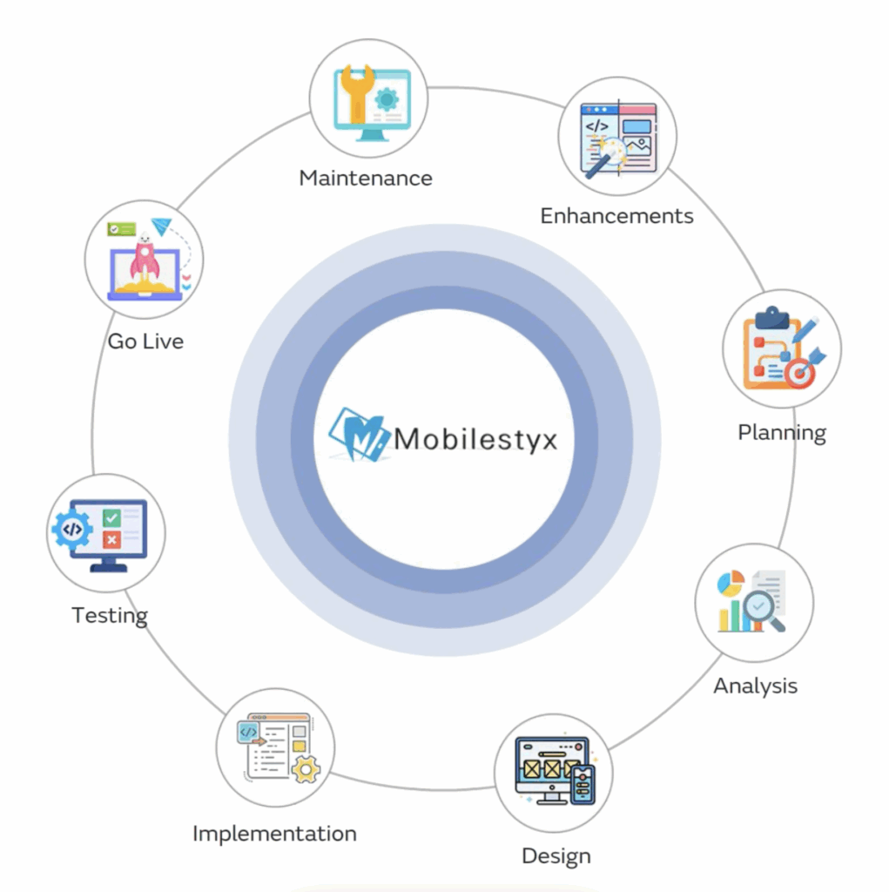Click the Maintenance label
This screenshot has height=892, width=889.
pyautogui.click(x=366, y=179)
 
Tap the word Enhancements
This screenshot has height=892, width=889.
pyautogui.click(x=616, y=216)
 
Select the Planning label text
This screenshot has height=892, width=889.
pyautogui.click(x=782, y=433)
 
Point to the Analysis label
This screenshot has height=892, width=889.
pyautogui.click(x=755, y=686)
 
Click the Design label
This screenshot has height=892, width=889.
pyautogui.click(x=556, y=856)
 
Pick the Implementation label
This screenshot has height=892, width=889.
pyautogui.click(x=274, y=834)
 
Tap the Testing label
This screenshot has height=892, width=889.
pyautogui.click(x=110, y=616)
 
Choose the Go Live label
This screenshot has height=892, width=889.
pyautogui.click(x=145, y=341)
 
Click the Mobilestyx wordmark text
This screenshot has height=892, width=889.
pyautogui.click(x=475, y=438)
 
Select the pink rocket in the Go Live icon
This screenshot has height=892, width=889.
pyautogui.click(x=145, y=260)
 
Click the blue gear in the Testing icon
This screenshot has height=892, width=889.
pyautogui.click(x=72, y=529)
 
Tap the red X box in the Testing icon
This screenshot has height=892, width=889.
pyautogui.click(x=111, y=540)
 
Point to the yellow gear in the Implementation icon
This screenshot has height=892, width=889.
pyautogui.click(x=306, y=769)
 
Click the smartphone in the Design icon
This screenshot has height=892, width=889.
pyautogui.click(x=582, y=785)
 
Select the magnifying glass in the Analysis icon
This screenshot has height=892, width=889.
pyautogui.click(x=761, y=606)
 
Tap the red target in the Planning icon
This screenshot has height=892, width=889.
pyautogui.click(x=799, y=374)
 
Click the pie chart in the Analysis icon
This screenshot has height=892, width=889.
pyautogui.click(x=730, y=583)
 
